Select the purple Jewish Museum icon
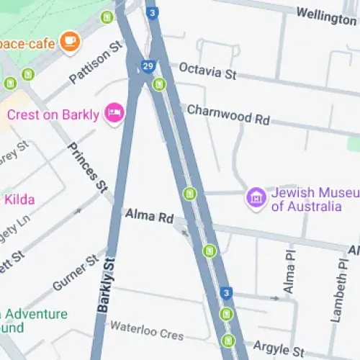click(255, 196)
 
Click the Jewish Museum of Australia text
click(306, 200)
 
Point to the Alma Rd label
click(149, 215)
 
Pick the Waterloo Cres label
click(147, 330)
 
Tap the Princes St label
click(86, 167)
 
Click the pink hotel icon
click(114, 112)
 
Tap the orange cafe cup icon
click(70, 41)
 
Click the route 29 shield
click(147, 66)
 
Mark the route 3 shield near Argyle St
click(227, 292)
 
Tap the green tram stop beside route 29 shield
click(159, 84)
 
